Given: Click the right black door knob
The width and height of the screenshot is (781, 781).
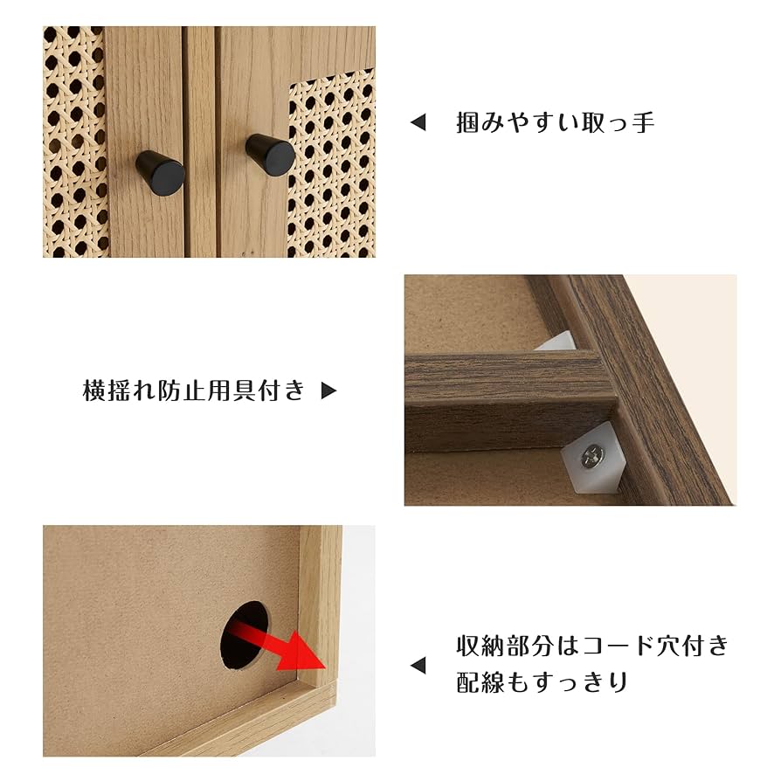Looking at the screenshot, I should click(270, 154).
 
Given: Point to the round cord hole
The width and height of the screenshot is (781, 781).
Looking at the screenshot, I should click(243, 633).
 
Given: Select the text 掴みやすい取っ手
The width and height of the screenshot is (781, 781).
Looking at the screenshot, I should click(555, 122).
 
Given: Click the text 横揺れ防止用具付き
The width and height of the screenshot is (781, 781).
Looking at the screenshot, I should click(194, 390).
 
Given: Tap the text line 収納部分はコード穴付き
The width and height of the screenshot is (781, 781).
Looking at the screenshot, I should click(592, 646).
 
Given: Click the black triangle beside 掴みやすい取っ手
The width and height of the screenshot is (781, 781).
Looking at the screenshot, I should click(418, 123).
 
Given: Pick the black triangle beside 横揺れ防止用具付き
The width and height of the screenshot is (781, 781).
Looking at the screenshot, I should click(328, 391).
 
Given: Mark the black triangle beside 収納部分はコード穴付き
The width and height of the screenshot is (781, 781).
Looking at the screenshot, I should click(418, 666).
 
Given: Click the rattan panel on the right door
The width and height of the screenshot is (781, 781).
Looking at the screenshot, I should click(332, 166).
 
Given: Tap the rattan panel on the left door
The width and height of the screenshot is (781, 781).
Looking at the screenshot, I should click(74, 140).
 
